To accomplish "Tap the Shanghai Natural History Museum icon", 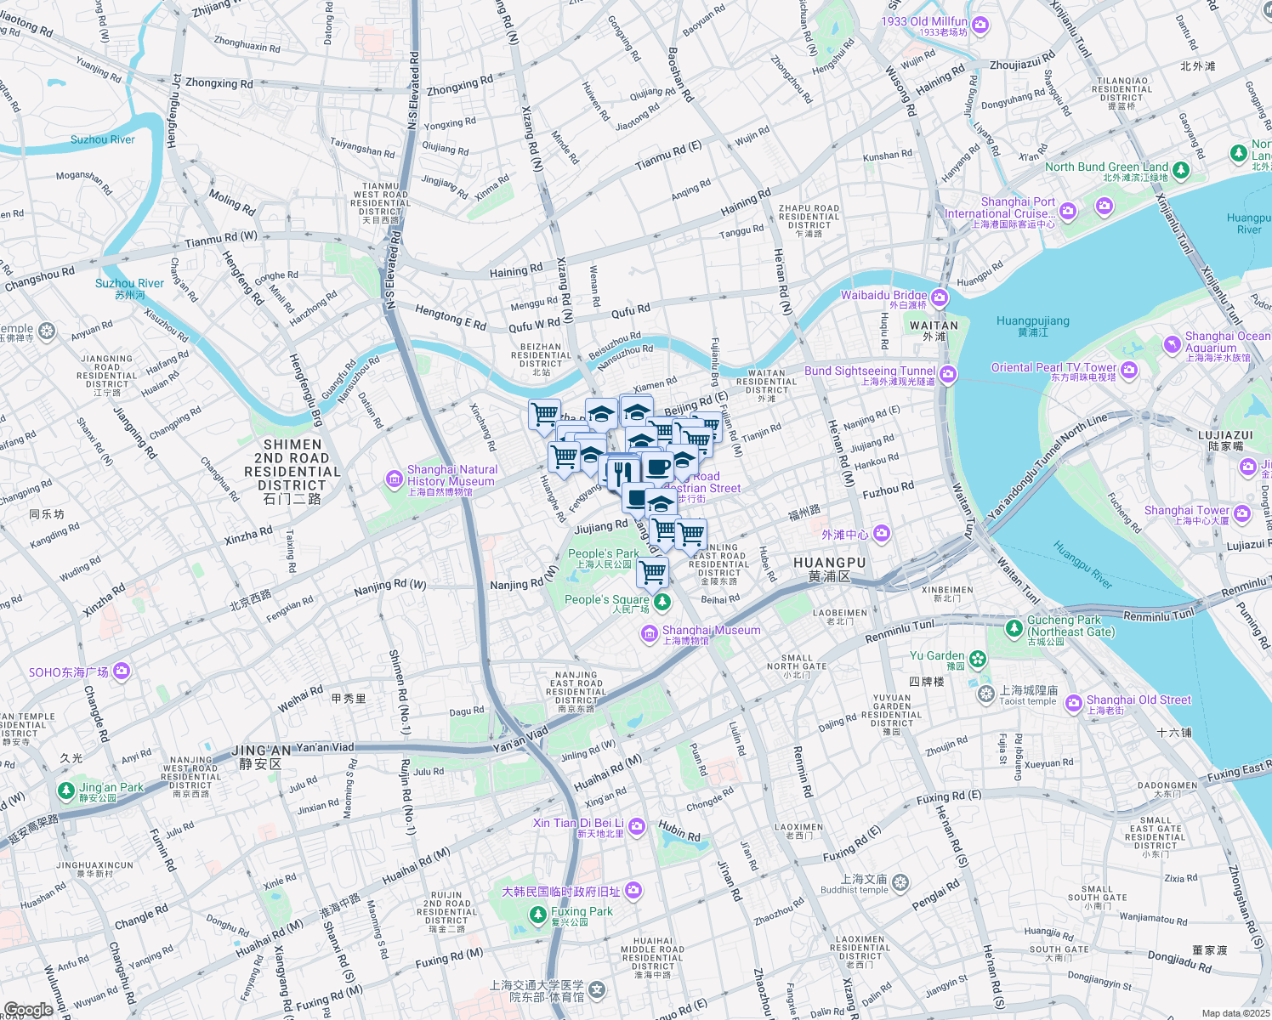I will click(x=394, y=480).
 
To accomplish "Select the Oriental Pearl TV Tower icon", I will click(x=1129, y=370).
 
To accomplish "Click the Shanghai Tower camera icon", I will click(x=1242, y=513).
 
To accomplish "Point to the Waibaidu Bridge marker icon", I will click(x=940, y=297).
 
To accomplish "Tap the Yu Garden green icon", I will click(x=978, y=659).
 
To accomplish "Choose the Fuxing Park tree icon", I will click(x=537, y=915).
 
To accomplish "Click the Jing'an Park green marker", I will click(x=66, y=790).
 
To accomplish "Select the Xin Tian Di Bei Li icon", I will click(x=637, y=826).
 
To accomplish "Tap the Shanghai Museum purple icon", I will click(x=649, y=634).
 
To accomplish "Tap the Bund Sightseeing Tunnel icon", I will click(x=948, y=374).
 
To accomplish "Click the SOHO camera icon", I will click(x=122, y=671).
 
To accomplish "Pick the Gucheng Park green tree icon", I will click(x=1014, y=628).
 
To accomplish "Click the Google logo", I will click(x=28, y=1009).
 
